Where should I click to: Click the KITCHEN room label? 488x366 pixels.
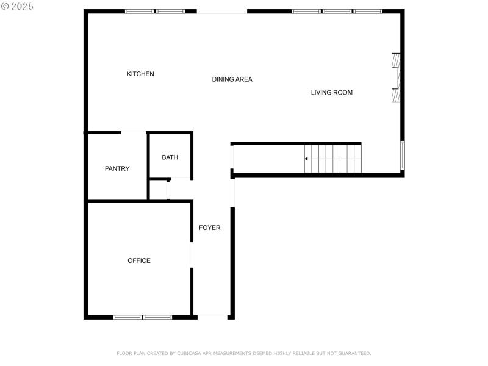140,74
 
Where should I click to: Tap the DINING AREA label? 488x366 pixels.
232,79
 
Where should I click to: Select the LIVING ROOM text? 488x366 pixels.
332,93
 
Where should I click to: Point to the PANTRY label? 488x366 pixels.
117,168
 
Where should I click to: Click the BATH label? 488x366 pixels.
170,157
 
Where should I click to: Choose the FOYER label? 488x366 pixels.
210,228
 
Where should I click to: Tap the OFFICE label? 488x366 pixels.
139,261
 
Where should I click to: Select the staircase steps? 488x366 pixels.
333,159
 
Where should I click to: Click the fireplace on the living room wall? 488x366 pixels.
396,77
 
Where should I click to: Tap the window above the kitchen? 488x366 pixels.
155,12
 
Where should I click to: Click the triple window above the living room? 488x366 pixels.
337,12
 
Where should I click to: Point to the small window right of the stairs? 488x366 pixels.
402,156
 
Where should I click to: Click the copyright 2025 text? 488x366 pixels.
18,5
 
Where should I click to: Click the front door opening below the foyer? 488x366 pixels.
213,316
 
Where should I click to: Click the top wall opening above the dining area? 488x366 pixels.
222,12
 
